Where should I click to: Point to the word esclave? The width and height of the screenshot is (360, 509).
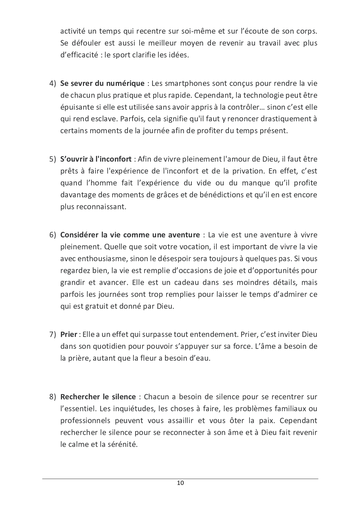(104, 119)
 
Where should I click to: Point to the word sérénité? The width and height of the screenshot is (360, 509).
(122, 444)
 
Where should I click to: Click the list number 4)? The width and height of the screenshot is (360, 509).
(52, 84)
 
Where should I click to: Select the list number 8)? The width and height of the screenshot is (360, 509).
(52, 397)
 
